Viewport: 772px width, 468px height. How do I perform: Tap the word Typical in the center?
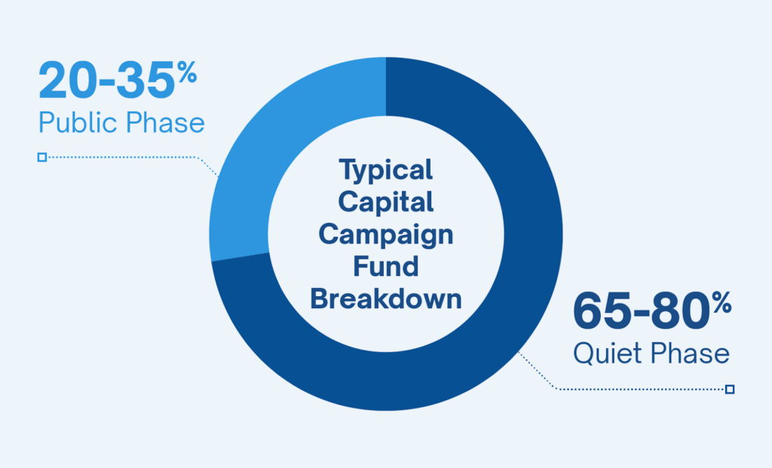coord(386,170)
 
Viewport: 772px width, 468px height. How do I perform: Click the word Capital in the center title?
coord(386,202)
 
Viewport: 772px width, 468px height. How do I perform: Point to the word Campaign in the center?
coord(386,234)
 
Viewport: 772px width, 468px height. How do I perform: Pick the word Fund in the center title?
coord(386,266)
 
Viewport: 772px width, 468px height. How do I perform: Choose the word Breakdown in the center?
coord(386,298)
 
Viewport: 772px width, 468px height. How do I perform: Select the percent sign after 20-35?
coord(188,74)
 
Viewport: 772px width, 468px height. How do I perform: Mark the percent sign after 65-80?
coord(721,304)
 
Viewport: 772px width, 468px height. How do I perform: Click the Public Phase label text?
coord(121,123)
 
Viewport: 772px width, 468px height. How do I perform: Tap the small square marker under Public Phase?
coord(42,158)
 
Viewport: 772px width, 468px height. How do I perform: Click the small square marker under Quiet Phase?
coord(729,389)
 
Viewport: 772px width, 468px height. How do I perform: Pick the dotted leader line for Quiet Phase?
coord(641,389)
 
